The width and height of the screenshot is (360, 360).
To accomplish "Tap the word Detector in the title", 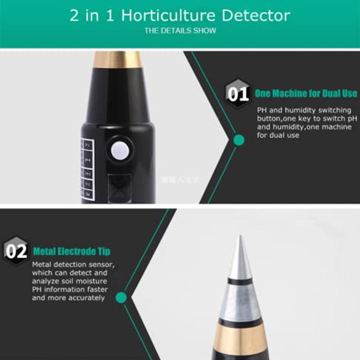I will [256, 16].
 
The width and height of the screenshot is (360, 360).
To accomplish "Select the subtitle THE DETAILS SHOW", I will [180, 31].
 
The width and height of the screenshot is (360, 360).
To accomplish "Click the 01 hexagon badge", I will [238, 94].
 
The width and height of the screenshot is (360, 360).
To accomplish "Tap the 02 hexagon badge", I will [16, 251].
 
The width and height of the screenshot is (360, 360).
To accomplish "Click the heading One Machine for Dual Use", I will [306, 94].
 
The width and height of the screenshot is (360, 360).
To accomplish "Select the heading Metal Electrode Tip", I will [72, 251].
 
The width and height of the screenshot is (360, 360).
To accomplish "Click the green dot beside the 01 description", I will [238, 140].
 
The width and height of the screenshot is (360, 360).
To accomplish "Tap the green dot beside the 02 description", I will [122, 297].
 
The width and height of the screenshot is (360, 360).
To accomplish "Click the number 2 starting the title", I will [74, 16].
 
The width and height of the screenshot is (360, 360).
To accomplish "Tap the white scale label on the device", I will [87, 169].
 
